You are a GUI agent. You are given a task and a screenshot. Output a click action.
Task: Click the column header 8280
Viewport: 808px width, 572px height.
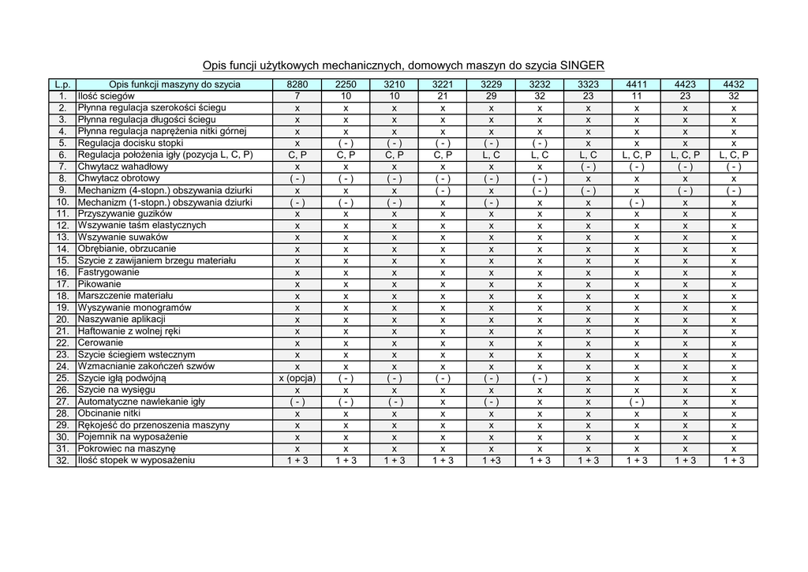click(297, 84)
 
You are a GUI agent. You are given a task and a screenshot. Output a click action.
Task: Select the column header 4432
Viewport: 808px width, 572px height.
click(733, 84)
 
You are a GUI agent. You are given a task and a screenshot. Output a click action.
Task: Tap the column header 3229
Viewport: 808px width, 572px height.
click(491, 84)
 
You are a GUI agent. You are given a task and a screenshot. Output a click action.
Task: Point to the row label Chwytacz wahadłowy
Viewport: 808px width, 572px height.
click(122, 167)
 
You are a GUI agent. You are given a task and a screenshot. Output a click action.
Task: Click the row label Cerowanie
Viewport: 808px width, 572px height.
click(100, 343)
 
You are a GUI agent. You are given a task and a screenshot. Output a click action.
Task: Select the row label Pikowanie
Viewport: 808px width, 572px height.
click(99, 284)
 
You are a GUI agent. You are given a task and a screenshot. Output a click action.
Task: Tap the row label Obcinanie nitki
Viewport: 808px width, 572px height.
click(109, 413)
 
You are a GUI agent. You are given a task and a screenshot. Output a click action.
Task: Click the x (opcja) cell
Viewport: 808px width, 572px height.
click(297, 378)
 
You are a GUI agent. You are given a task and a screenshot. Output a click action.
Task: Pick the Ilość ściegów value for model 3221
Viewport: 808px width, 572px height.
click(443, 96)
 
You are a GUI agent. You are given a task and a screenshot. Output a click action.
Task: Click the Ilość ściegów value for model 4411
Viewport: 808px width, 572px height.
click(636, 96)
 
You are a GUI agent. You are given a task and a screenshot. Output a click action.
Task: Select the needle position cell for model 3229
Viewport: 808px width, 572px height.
click(491, 155)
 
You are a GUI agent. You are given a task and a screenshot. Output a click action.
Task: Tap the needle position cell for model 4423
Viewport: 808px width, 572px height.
click(685, 155)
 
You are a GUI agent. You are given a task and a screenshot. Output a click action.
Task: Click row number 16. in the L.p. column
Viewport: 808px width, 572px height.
click(62, 272)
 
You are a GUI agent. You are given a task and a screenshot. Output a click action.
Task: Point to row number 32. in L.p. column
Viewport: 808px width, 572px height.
click(62, 460)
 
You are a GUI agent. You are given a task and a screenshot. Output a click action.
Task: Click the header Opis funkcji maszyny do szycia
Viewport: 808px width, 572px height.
click(174, 84)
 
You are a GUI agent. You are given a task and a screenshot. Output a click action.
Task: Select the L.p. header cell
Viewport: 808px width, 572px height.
click(62, 84)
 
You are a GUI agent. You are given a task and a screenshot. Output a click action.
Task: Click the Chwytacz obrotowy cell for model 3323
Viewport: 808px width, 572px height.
click(588, 179)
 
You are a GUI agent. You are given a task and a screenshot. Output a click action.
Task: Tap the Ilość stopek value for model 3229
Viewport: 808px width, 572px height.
click(491, 461)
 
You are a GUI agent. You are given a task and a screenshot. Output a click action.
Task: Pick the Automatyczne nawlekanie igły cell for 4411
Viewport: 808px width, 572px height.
click(636, 402)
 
